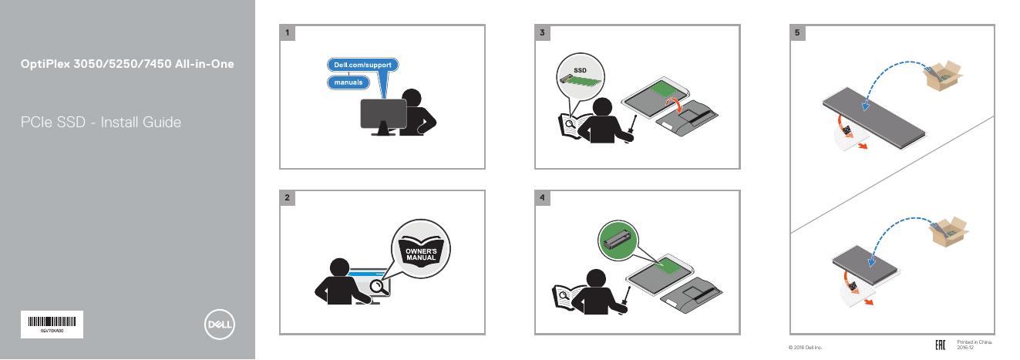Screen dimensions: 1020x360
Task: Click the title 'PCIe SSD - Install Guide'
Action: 101,122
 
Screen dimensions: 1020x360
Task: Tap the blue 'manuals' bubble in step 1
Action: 348,82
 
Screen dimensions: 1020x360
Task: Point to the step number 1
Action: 287,33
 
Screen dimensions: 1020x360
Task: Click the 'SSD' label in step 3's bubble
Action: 580,71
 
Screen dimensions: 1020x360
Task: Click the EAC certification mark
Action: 940,344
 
